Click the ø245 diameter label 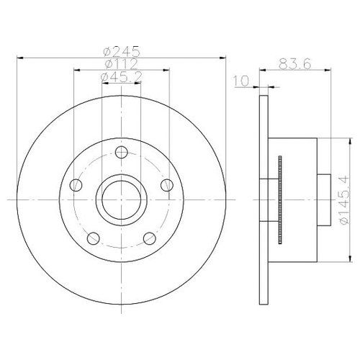coord(121,51)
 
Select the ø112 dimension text coord(121,64)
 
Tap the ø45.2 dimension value coord(121,76)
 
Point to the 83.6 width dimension coord(295,64)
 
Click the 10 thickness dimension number coord(241,81)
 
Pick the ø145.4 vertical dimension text coord(345,199)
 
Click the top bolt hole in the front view coord(121,152)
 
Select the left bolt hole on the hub coord(76,185)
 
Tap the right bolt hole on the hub coord(167,185)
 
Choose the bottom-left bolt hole coord(94,238)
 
